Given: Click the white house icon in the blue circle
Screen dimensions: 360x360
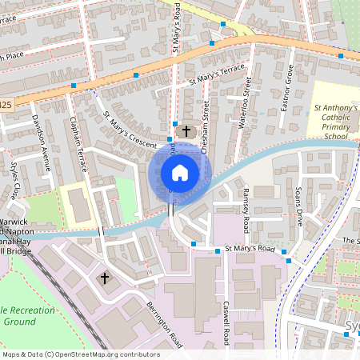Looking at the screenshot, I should (180, 172).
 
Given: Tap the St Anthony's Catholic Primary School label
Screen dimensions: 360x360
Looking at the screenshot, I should (335, 121).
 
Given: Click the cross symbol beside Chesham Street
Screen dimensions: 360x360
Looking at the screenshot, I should (187, 130).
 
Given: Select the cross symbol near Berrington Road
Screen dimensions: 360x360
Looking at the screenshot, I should (104, 278).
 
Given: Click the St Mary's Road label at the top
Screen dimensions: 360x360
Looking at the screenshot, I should (177, 32).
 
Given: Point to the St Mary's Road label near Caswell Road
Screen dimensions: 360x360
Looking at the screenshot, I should (250, 249).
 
